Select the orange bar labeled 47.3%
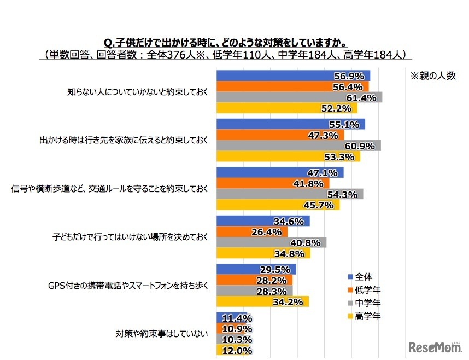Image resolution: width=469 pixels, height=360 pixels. [280, 135]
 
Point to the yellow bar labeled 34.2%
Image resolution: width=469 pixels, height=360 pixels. [262, 301]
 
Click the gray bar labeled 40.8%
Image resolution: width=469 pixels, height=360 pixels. [271, 242]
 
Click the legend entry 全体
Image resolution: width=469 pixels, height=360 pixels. [363, 276]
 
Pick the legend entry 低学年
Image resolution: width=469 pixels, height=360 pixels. [367, 289]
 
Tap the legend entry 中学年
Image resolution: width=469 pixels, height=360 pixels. [367, 303]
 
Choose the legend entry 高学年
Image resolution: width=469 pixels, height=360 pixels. [367, 316]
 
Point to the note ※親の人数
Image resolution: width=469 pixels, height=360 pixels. [432, 77]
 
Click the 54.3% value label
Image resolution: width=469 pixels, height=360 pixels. [343, 194]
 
